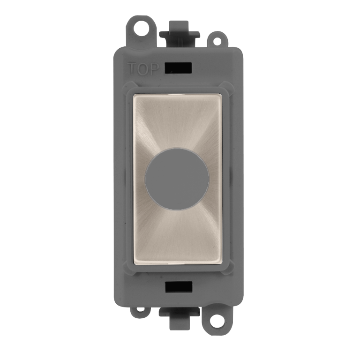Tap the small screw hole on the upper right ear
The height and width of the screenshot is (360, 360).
[217, 40]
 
